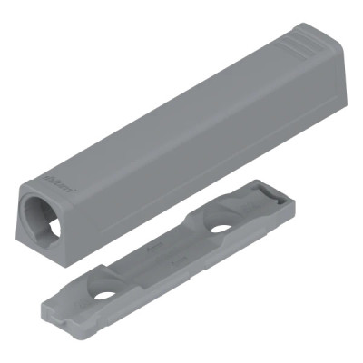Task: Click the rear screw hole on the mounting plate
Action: (218, 228)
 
